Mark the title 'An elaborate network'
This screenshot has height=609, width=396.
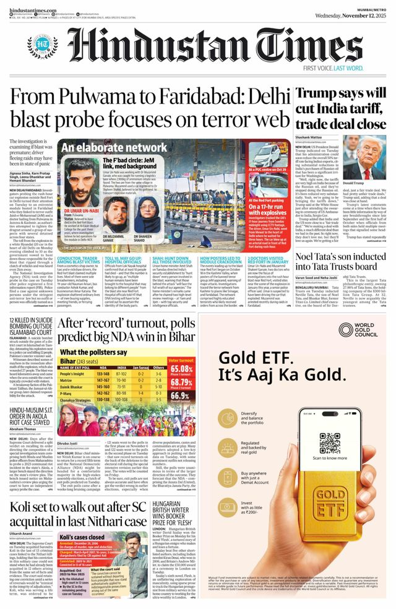pos(105,148)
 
